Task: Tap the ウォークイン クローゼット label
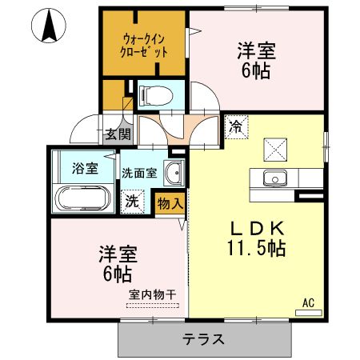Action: [145, 46]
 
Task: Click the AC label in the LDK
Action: [308, 302]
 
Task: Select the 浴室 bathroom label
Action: [84, 169]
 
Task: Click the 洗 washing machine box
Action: [130, 202]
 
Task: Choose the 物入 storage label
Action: [171, 203]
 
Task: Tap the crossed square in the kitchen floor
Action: [276, 147]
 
